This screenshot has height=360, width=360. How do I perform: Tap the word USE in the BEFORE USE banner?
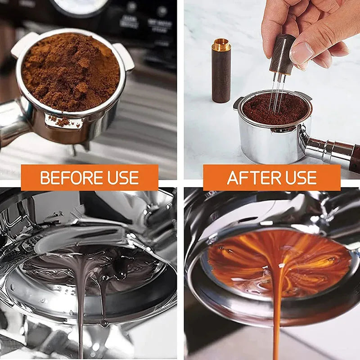coord(122,178)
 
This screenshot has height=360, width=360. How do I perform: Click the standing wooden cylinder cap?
coord(221,74)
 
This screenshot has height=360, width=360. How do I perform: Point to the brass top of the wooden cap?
coord(221,45)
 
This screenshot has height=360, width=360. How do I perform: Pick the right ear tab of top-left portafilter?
coord(124,56)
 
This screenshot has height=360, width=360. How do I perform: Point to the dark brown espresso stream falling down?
coord(81,315)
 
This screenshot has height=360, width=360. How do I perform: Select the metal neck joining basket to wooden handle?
coord(322,146)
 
